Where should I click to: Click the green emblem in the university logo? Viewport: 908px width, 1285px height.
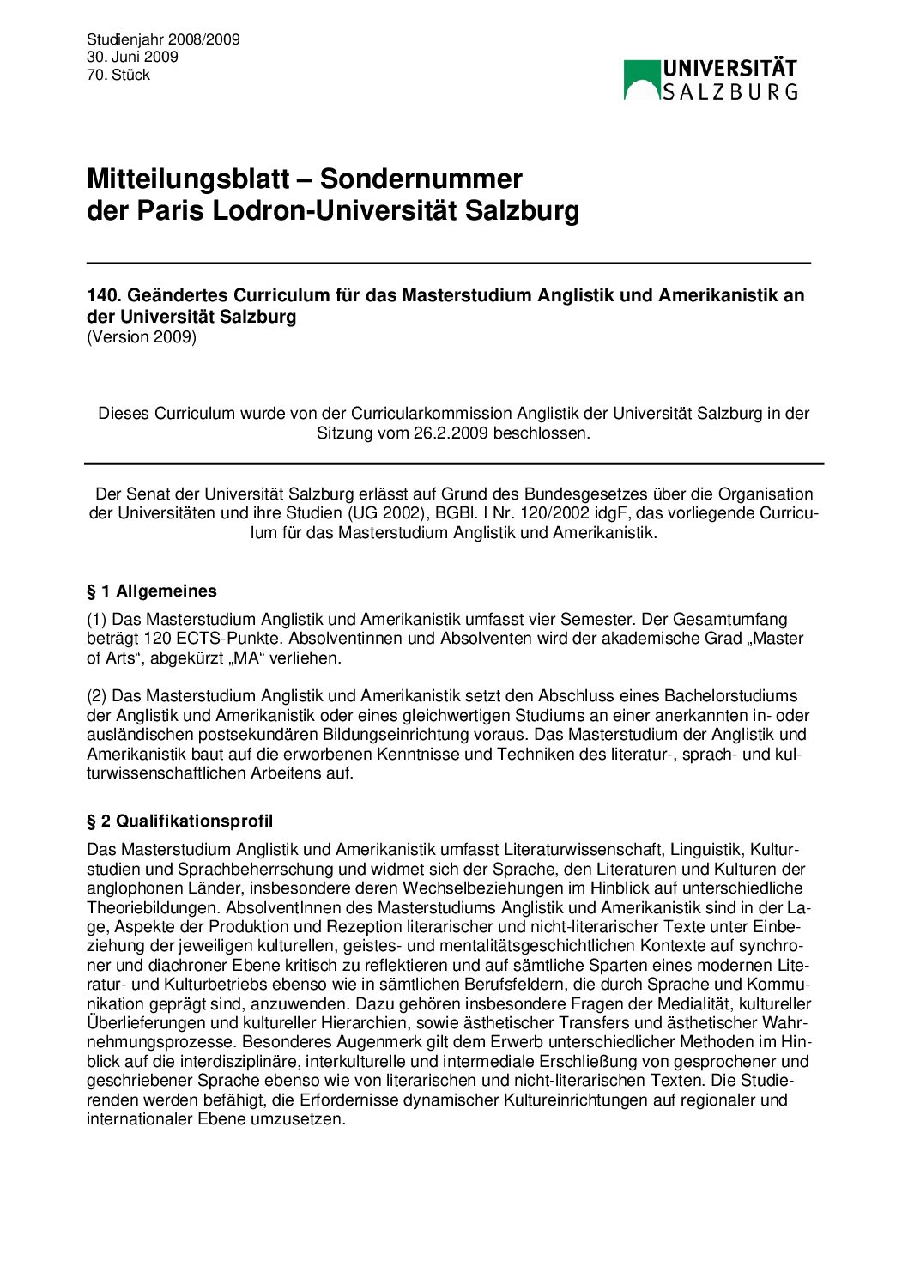tap(641, 80)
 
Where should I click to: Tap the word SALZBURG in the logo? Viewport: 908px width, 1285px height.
tap(730, 91)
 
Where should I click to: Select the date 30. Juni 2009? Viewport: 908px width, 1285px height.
tap(132, 57)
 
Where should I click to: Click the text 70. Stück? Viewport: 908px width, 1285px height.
tap(118, 75)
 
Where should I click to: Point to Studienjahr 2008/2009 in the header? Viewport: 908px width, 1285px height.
tap(163, 39)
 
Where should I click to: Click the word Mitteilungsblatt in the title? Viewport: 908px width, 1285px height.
tap(188, 179)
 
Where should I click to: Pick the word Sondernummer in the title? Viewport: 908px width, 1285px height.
tap(421, 179)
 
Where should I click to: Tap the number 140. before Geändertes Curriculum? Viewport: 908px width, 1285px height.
tap(105, 295)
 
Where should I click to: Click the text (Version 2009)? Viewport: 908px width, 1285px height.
tap(142, 336)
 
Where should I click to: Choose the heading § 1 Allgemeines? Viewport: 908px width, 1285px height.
tap(152, 591)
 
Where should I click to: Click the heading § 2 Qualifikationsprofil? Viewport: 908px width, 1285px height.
tap(180, 821)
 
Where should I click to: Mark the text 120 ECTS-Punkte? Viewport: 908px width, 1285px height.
tap(203, 639)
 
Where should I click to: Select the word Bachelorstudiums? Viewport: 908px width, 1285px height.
tap(736, 696)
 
